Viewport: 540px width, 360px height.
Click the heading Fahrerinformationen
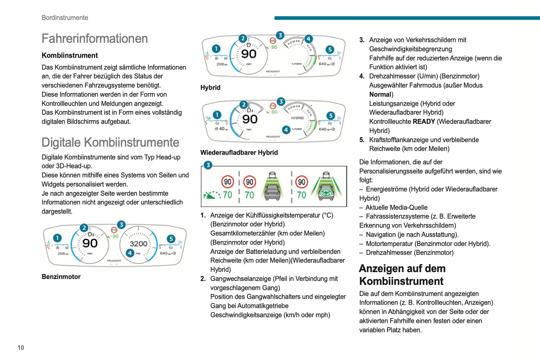[x=95, y=39]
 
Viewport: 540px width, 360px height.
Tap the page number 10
[x=21, y=348]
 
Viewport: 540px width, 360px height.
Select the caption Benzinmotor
[x=61, y=277]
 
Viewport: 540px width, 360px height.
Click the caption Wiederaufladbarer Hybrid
[x=239, y=153]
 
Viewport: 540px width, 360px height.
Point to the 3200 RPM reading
[x=138, y=244]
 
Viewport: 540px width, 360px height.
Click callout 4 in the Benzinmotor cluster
[x=130, y=253]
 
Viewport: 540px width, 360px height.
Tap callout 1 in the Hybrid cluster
[x=216, y=49]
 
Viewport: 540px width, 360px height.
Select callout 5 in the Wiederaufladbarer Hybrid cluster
[x=330, y=116]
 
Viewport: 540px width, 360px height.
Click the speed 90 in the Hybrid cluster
[x=249, y=54]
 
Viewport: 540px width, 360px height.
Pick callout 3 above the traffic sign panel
[x=208, y=165]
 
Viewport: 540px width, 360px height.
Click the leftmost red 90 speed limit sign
[x=227, y=182]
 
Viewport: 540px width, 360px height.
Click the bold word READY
[x=423, y=122]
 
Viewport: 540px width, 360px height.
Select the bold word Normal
[x=380, y=95]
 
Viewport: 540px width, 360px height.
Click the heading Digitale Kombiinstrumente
[x=110, y=142]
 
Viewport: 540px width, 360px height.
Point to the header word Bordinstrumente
[x=65, y=18]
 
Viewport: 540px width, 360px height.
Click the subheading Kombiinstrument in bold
[x=70, y=56]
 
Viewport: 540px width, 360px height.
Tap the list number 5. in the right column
[x=362, y=140]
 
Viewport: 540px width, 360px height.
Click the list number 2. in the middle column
[x=203, y=279]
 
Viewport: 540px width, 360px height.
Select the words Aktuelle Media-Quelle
[x=396, y=207]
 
